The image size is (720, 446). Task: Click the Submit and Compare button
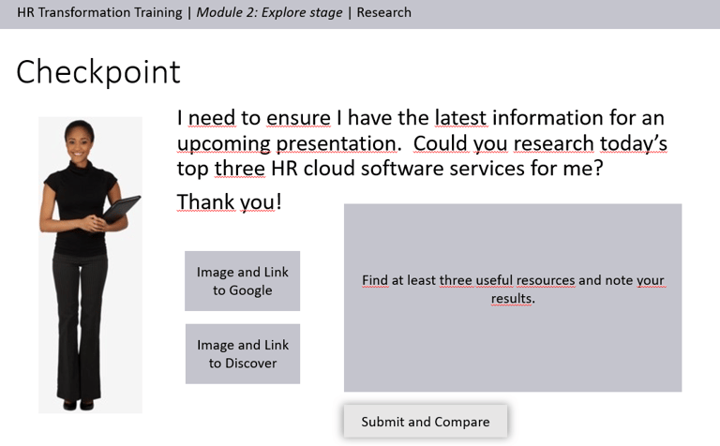[x=426, y=422]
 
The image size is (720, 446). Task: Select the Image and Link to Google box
[x=243, y=281]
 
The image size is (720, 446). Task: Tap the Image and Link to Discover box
[x=243, y=354]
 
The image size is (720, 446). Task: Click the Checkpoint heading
[x=98, y=72]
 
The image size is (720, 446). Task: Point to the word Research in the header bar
[x=383, y=12]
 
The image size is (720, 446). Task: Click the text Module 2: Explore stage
[x=270, y=12]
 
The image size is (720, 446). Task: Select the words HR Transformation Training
[x=99, y=12]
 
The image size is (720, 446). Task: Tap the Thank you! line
[x=229, y=201]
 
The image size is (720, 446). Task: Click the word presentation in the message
[x=337, y=143]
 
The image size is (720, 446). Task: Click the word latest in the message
[x=460, y=118]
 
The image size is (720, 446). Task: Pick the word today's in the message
[x=633, y=143]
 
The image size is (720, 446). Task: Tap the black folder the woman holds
[x=121, y=209]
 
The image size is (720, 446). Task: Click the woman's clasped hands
[x=92, y=223]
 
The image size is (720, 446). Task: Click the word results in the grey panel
[x=513, y=298]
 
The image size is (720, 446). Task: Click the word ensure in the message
[x=298, y=118]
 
